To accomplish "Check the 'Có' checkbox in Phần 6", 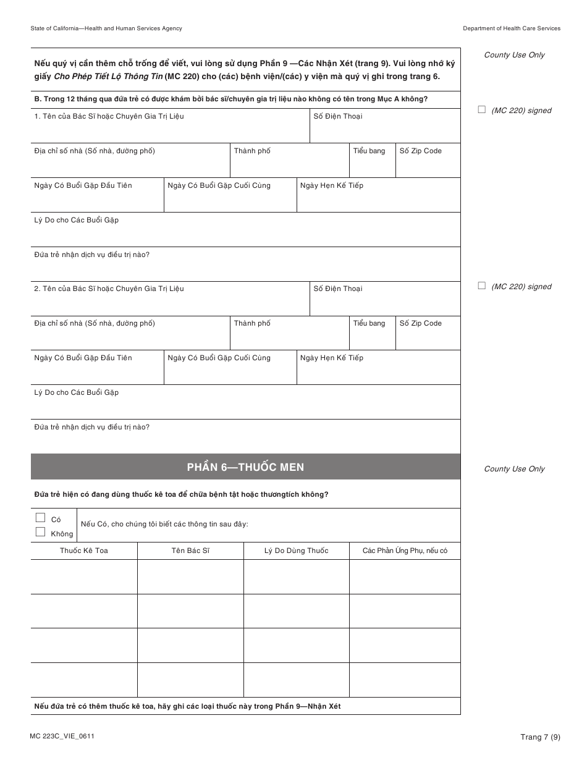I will point(41,518).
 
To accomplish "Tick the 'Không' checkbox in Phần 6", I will point(41,532).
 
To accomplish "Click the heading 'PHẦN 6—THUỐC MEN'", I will point(245,467).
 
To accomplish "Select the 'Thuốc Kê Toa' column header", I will point(84,551).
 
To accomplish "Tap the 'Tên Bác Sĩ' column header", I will point(190,551).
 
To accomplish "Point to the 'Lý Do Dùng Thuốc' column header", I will point(296,551).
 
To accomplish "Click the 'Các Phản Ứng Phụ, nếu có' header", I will point(405,551).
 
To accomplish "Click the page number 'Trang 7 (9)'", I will point(540,737).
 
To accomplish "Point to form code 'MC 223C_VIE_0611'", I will point(62,736).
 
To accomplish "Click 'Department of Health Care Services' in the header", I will point(512,28).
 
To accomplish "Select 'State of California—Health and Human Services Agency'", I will point(106,28).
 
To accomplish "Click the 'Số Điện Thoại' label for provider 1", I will point(338,116).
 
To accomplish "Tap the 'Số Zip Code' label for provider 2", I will point(420,323).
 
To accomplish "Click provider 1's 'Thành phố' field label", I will point(252,151).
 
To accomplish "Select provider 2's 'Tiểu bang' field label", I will point(369,323).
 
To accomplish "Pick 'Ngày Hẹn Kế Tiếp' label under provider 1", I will point(332,185).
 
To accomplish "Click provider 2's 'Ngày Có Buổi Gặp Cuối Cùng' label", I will point(219,358).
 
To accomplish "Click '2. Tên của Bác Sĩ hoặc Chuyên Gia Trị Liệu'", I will point(109,289).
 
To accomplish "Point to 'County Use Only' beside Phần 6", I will point(514,469).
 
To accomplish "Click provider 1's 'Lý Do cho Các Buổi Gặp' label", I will point(76,220).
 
